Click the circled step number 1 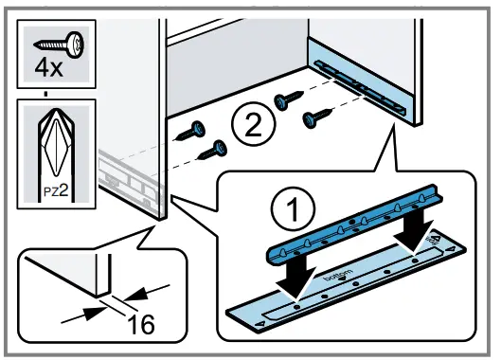pos(293,209)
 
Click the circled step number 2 pos(254,123)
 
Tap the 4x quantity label pos(48,67)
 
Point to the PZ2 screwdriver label pos(56,191)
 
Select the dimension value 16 pos(141,324)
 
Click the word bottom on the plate pos(339,275)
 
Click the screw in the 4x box pos(59,43)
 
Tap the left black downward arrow pos(296,274)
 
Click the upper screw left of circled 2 pos(190,131)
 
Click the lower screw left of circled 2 pos(213,150)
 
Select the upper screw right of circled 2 pos(289,99)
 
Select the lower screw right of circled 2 pos(317,118)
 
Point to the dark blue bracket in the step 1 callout pos(355,224)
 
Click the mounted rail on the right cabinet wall pos(360,87)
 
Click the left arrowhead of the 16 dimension pos(96,312)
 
